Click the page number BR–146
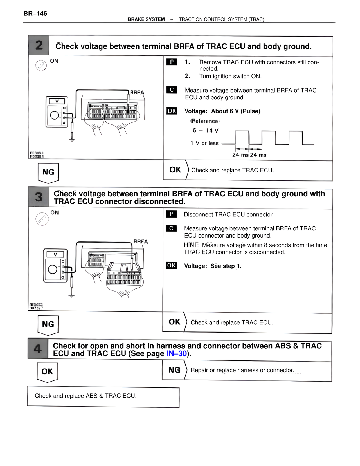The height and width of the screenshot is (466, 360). pos(35,14)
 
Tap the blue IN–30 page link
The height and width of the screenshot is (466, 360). pos(176,353)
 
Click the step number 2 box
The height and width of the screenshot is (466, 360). pos(39,45)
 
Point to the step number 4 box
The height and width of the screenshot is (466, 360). pos(38,349)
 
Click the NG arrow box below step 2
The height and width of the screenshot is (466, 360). pos(48,172)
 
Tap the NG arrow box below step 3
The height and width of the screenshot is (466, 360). pos(48,324)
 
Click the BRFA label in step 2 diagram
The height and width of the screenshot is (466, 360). pos(137,92)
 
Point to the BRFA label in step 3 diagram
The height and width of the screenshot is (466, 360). pos(141,241)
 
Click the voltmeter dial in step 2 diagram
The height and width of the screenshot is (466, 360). pos(54,115)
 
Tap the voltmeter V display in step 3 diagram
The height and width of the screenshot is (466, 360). pos(55,254)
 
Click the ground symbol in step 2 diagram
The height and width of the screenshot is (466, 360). pos(72,140)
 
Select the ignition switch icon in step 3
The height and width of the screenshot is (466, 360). pos(42,219)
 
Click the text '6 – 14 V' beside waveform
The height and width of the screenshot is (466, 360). pos(205,131)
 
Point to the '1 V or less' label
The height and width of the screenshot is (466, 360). pos(204,143)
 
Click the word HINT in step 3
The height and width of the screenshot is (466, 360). pos(191,245)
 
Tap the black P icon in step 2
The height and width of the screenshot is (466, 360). pos(172,62)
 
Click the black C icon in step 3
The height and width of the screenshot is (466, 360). pos(171,228)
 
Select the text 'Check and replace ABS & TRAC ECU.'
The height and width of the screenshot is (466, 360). pos(85,396)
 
